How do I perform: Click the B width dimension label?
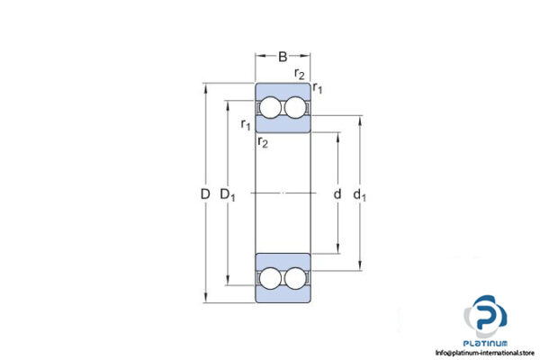pyautogui.click(x=283, y=57)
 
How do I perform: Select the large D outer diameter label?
pyautogui.click(x=204, y=194)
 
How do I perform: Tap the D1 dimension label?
pyautogui.click(x=229, y=194)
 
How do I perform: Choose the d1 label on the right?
pyautogui.click(x=362, y=194)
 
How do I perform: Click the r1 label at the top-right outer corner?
pyautogui.click(x=318, y=88)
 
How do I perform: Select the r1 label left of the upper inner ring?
pyautogui.click(x=246, y=125)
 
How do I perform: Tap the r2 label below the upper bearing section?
pyautogui.click(x=262, y=142)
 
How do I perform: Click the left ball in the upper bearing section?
pyautogui.click(x=271, y=109)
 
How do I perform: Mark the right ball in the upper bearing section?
pyautogui.click(x=294, y=109)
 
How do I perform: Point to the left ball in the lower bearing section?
pyautogui.click(x=271, y=278)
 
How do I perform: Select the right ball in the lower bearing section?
pyautogui.click(x=294, y=278)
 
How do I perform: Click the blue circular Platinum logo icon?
pyautogui.click(x=487, y=316)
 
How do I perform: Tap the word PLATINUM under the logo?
pyautogui.click(x=487, y=343)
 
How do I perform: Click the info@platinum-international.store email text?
pyautogui.click(x=483, y=353)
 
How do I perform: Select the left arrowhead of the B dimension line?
pyautogui.click(x=259, y=57)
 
